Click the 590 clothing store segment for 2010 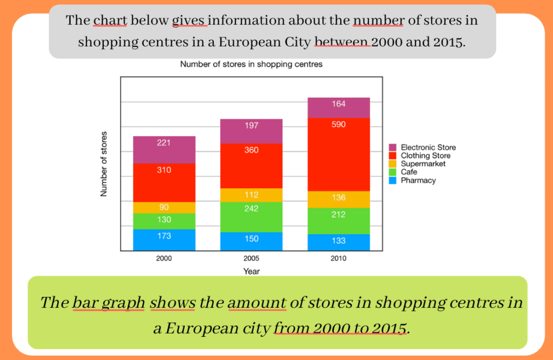[x=339, y=154]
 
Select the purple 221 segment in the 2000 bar [x=164, y=150]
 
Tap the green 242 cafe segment [x=251, y=217]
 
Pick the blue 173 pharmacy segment [x=164, y=240]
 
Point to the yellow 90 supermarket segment [x=164, y=208]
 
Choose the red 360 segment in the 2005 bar [x=251, y=166]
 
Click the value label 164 [x=339, y=104]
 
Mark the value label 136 [x=339, y=198]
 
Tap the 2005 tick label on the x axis [x=251, y=259]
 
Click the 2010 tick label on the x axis [x=339, y=259]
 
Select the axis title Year [x=252, y=271]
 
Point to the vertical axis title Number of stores [x=104, y=164]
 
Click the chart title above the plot [x=251, y=65]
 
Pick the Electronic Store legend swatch [x=393, y=147]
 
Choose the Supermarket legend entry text [x=423, y=164]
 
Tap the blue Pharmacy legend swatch [x=393, y=180]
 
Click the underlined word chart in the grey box [x=110, y=21]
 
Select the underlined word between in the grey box [x=341, y=42]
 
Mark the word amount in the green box [x=257, y=303]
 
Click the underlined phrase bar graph [x=109, y=303]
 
